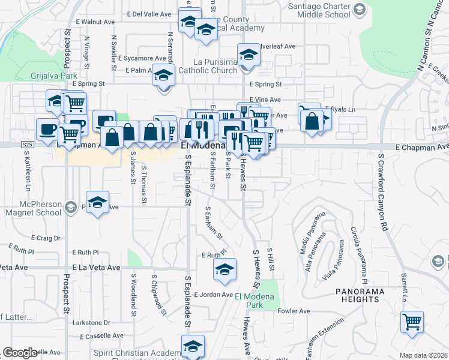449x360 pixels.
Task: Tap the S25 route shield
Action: coord(27,145)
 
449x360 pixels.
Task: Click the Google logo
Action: coord(20,353)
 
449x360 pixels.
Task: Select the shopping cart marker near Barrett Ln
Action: coord(412,322)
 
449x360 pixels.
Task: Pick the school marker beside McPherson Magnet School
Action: coord(97,203)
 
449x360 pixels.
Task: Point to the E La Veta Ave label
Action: coord(96,268)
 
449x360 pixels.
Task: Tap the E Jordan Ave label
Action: coord(213,295)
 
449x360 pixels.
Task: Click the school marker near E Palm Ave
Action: coord(163,76)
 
